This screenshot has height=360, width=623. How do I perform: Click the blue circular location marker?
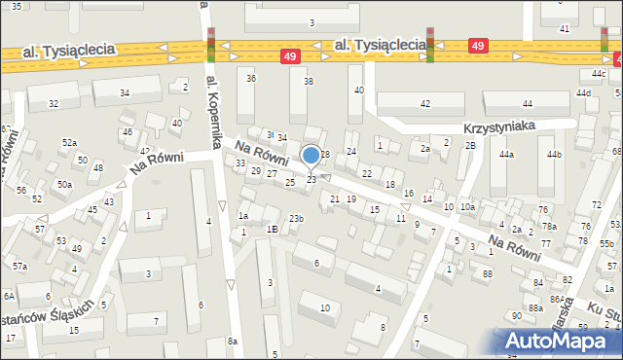(x=311, y=155)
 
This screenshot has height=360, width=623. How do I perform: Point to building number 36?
(x=251, y=79)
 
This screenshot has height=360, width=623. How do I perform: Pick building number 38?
(x=309, y=82)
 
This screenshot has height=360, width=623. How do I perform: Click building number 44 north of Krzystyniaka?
(x=527, y=103)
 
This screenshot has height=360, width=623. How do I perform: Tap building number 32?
(x=54, y=103)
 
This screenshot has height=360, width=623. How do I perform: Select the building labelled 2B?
(x=470, y=146)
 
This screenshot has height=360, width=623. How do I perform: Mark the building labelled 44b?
(x=554, y=155)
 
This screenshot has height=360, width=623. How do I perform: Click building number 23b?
(x=296, y=219)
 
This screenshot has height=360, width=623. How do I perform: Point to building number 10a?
(x=467, y=207)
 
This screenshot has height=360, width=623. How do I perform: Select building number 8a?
(x=233, y=342)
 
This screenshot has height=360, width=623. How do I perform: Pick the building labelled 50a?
(x=64, y=184)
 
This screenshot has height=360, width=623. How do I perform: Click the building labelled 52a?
(x=69, y=143)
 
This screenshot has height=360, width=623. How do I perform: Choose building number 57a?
(x=19, y=266)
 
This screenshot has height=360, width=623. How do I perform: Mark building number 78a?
(x=549, y=227)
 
